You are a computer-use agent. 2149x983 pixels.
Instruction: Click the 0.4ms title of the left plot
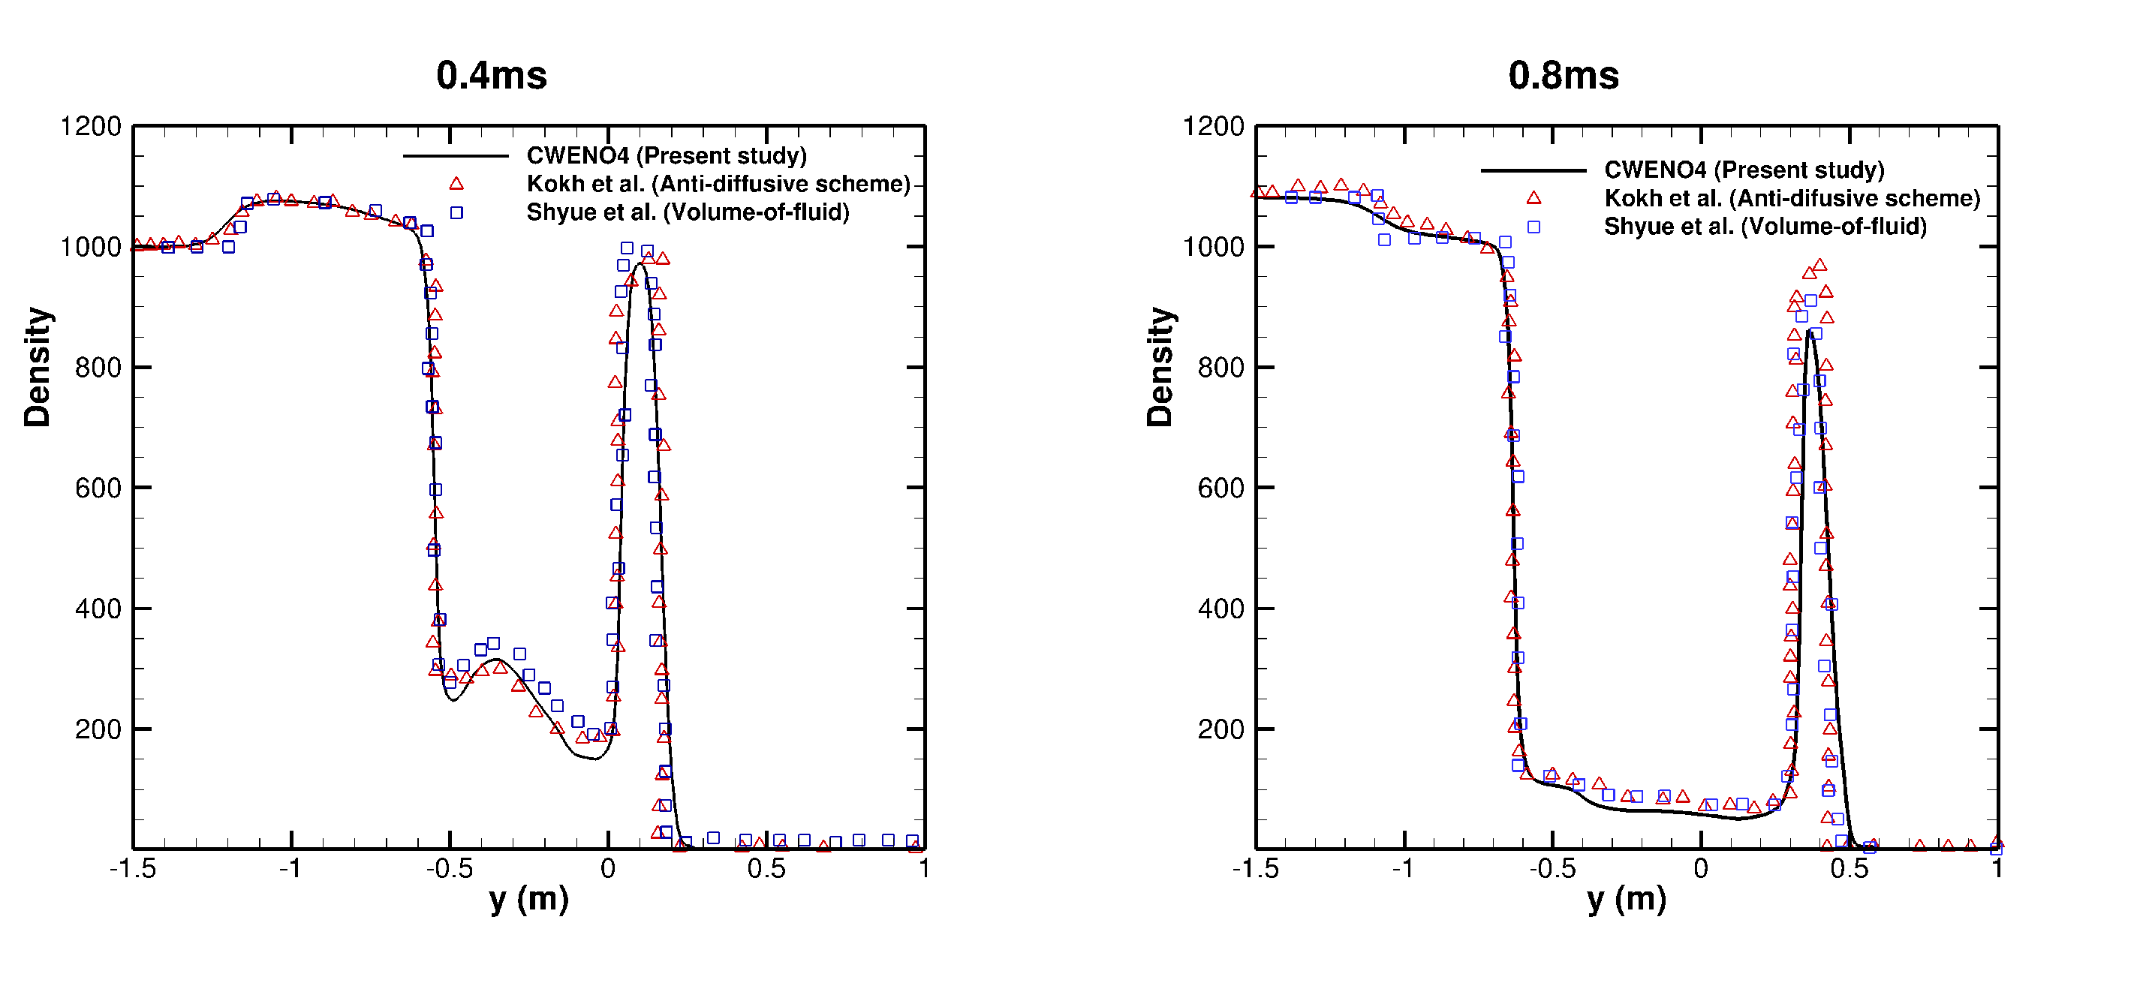point(492,76)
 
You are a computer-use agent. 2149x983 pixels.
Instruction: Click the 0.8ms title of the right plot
point(1563,76)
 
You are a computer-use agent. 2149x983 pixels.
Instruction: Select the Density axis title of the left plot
point(38,367)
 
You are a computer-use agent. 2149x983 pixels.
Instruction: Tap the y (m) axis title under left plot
point(529,900)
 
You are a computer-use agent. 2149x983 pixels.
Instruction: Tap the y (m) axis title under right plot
point(1626,900)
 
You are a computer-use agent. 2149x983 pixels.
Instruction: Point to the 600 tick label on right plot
point(1220,488)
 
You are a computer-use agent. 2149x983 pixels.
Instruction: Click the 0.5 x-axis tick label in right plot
point(1849,869)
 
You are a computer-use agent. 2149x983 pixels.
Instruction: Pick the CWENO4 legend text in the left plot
point(667,156)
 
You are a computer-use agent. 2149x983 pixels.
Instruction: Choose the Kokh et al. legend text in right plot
point(1791,198)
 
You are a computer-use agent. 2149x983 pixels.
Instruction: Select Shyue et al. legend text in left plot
point(688,212)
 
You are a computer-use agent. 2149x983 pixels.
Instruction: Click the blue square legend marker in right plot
point(1533,227)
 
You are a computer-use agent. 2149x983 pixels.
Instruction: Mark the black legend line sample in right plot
point(1533,170)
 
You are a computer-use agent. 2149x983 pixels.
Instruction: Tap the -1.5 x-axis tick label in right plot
point(1255,869)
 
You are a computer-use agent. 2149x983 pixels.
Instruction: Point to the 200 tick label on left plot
point(98,729)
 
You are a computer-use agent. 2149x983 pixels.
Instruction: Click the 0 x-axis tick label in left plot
point(608,869)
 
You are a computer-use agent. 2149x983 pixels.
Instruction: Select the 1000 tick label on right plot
point(1213,248)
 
